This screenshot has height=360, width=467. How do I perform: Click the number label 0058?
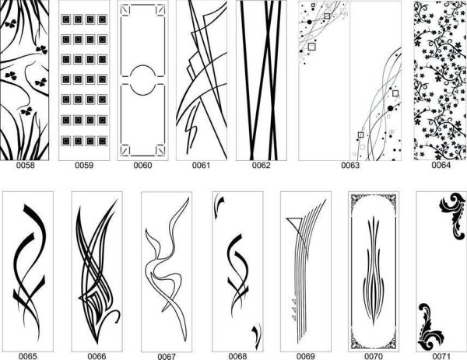[x=26, y=165]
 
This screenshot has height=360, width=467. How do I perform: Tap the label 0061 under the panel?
[x=202, y=165]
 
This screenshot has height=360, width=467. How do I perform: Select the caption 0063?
[x=350, y=165]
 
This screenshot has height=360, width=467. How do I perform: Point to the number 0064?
[x=441, y=165]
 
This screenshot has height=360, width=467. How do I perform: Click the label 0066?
[x=97, y=356]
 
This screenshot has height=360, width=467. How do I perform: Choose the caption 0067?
[x=167, y=356]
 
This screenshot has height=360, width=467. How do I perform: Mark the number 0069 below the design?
[x=306, y=356]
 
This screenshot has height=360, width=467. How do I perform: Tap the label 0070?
[x=374, y=356]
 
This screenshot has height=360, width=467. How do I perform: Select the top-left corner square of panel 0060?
[x=125, y=10]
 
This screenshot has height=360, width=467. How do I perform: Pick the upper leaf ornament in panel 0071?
[x=453, y=215]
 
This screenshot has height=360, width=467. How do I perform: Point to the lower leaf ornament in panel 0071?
[x=430, y=327]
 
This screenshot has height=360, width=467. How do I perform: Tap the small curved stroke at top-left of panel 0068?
[x=218, y=205]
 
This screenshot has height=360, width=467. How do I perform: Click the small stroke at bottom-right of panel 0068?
[x=256, y=336]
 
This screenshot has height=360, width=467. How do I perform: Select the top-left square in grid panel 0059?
[x=66, y=19]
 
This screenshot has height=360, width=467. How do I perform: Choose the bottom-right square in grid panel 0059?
[x=102, y=141]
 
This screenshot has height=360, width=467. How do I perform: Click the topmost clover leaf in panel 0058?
[x=10, y=24]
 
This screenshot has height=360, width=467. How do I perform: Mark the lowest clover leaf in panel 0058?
[x=26, y=111]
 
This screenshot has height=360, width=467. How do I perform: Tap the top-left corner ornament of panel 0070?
[x=356, y=200]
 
